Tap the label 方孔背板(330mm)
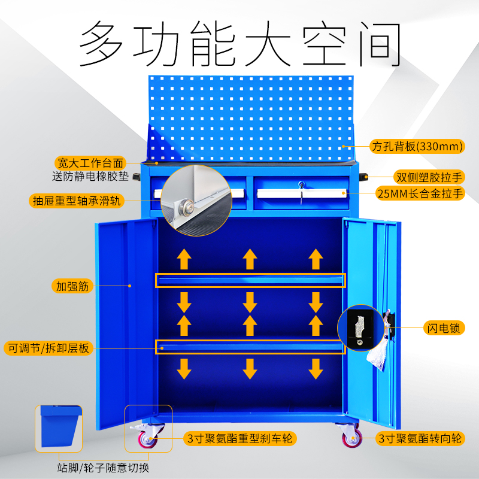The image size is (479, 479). [418, 146]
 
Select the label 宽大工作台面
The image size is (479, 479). [90, 163]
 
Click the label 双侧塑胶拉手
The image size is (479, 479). [429, 177]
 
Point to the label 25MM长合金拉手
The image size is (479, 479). [420, 193]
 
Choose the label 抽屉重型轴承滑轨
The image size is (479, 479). [77, 201]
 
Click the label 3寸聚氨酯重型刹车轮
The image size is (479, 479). [239, 439]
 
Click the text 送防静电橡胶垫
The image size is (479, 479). [89, 177]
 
